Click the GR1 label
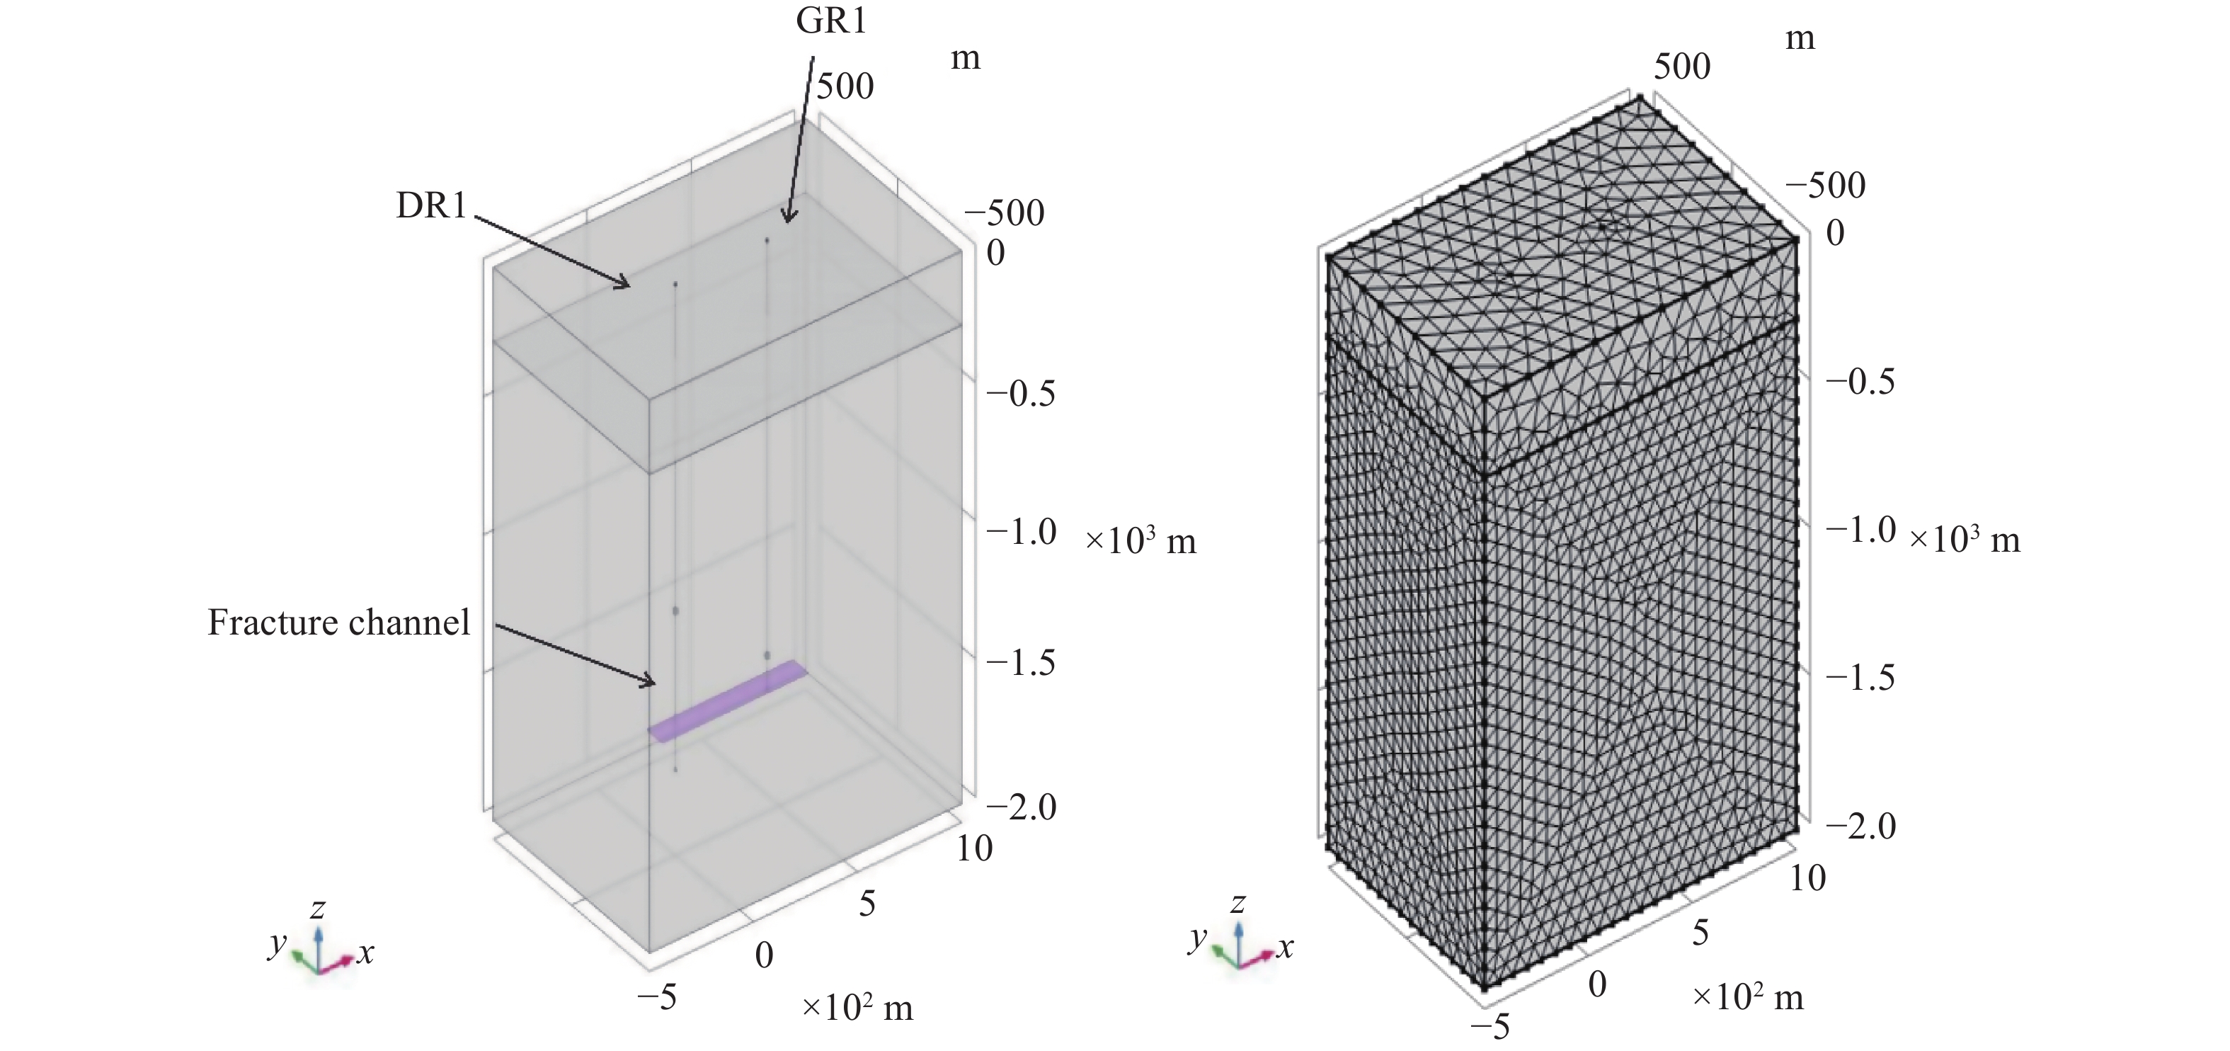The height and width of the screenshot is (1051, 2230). (x=831, y=19)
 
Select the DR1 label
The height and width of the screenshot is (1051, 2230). (x=431, y=205)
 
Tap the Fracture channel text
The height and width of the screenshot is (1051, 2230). (x=338, y=623)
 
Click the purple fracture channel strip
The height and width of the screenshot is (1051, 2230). (x=728, y=701)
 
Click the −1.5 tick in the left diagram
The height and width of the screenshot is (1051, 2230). (x=1022, y=662)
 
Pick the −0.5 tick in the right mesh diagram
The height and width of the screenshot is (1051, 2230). (x=1860, y=381)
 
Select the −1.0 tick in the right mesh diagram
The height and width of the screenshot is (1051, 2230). (x=1860, y=529)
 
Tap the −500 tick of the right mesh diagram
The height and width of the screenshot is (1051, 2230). (x=1826, y=184)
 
